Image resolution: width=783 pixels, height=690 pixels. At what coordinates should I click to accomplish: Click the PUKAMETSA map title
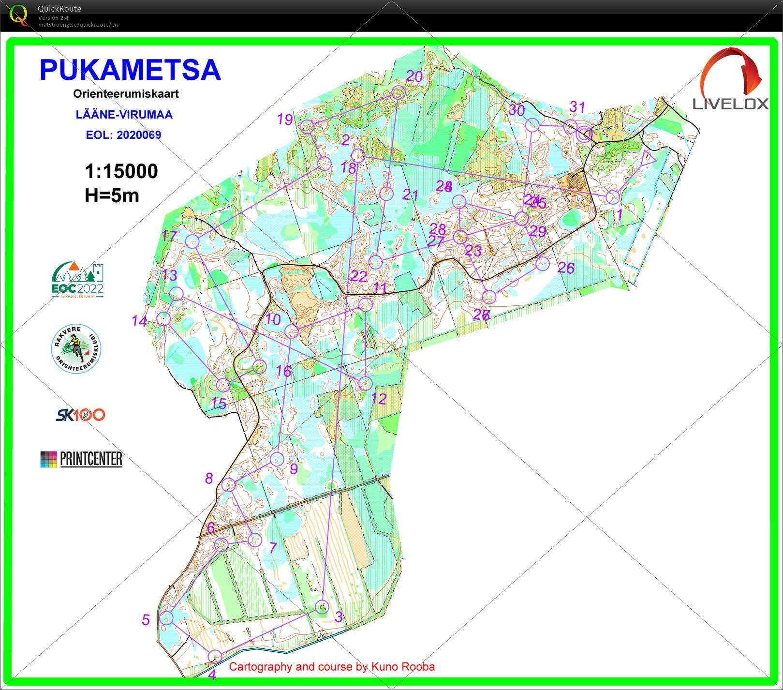(x=130, y=70)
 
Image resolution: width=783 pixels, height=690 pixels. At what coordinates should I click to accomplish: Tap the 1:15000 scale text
(x=121, y=171)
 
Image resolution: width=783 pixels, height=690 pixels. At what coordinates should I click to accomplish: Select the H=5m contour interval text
(x=112, y=195)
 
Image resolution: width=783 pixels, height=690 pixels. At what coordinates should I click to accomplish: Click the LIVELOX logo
(x=731, y=80)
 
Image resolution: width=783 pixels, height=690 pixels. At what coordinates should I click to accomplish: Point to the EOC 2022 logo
(x=77, y=280)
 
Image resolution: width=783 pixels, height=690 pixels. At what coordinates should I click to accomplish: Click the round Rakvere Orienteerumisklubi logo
(x=76, y=349)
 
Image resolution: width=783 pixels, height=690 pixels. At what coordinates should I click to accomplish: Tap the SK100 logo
(x=80, y=415)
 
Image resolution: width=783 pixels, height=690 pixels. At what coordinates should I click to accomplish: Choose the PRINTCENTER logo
(x=81, y=459)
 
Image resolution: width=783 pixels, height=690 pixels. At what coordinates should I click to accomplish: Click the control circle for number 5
(x=166, y=618)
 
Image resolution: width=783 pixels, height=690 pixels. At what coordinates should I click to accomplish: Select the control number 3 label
(x=339, y=617)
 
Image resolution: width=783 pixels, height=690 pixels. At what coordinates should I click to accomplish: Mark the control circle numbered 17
(x=192, y=241)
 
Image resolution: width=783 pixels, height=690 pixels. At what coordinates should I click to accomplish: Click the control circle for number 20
(x=398, y=92)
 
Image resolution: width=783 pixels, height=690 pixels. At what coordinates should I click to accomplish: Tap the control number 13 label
(x=169, y=275)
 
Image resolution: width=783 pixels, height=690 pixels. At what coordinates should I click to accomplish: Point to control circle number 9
(x=277, y=459)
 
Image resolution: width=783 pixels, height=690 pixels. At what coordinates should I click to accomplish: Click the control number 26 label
(x=566, y=268)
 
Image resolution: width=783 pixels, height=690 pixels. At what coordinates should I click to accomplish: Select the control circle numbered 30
(x=532, y=125)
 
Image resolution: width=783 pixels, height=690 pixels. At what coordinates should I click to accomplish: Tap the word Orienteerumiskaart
(x=126, y=94)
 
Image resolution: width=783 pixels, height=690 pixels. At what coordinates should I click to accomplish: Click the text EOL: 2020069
(x=123, y=135)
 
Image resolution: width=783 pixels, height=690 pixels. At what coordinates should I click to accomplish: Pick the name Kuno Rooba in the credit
(x=403, y=667)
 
